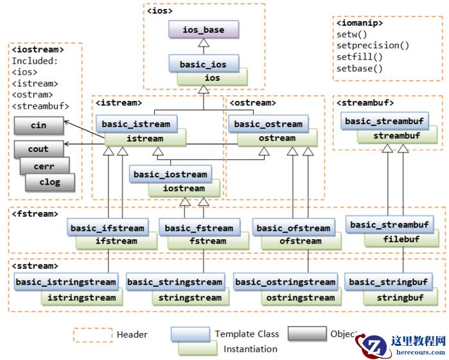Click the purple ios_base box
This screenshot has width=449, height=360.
[x=203, y=30]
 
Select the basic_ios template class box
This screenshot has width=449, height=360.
[x=198, y=64]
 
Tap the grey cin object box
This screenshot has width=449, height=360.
[x=39, y=125]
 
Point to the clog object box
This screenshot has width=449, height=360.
[x=49, y=182]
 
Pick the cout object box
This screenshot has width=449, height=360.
[x=39, y=149]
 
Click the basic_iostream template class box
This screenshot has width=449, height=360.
[x=170, y=174]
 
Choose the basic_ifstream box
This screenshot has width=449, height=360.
[x=108, y=228]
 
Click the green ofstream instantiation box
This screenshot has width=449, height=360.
[x=300, y=241]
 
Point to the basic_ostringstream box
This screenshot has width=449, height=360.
[x=285, y=282]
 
